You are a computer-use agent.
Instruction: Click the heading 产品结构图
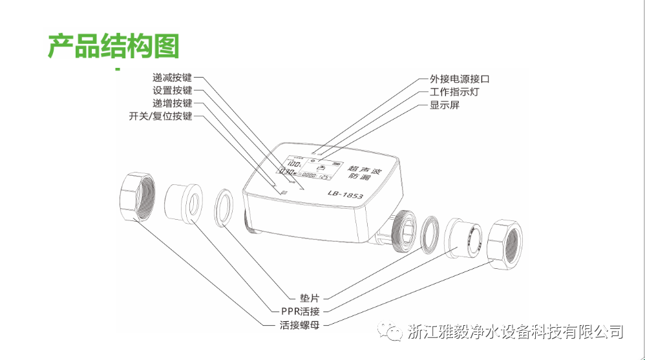[113, 45]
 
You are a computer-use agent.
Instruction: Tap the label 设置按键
[173, 91]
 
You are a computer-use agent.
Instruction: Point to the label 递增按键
[173, 103]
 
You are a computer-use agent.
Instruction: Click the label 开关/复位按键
[161, 116]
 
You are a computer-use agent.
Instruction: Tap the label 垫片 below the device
[310, 299]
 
